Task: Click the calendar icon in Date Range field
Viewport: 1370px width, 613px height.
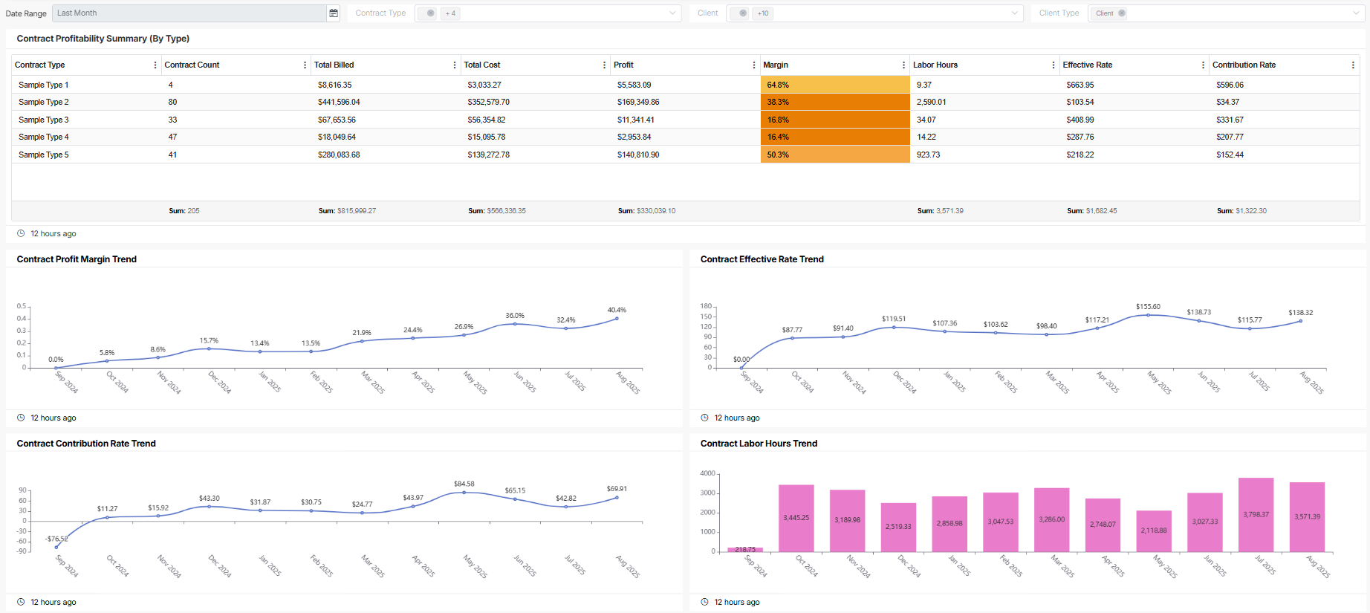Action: pos(334,13)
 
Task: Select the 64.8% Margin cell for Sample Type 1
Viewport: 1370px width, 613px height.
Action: pos(834,85)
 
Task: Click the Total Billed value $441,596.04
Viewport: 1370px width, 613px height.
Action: pos(339,102)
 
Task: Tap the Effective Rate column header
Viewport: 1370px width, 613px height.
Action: pos(1088,65)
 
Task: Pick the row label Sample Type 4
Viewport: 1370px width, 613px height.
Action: pos(44,137)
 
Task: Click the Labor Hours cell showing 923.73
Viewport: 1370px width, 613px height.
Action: pos(928,155)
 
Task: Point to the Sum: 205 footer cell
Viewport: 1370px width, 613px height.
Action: pos(184,211)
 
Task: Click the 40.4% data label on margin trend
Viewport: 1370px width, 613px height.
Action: pos(617,310)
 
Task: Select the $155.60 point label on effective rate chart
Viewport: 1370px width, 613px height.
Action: pos(1148,306)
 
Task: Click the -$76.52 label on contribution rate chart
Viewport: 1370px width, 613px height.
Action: pos(56,539)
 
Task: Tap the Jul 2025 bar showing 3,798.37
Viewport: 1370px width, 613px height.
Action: pos(1256,514)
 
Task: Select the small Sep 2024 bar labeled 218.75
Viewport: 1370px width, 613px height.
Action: pos(745,549)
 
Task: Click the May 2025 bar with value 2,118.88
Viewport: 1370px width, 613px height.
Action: pos(1154,531)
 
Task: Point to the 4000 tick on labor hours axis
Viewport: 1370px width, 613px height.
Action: pos(707,473)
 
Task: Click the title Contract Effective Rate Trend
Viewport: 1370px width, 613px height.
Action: pos(762,259)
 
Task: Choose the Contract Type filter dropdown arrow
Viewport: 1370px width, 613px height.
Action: pos(672,13)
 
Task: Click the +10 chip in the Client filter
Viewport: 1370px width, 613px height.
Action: pos(763,13)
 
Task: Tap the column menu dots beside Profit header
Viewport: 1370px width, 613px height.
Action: pos(753,65)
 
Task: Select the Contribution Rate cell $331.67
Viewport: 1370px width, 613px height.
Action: pos(1230,120)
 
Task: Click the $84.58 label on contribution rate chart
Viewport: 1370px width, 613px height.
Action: pos(464,484)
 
